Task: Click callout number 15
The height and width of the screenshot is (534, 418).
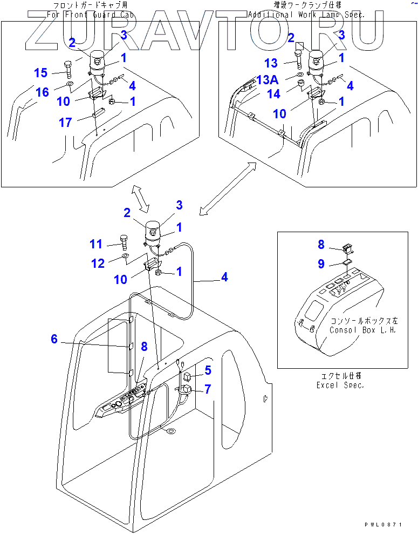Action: pos(41,73)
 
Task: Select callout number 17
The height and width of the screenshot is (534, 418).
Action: pos(65,123)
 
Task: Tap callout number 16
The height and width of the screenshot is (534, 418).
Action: pos(42,92)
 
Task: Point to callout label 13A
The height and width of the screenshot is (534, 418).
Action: pos(267,80)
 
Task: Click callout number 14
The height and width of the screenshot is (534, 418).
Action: pos(274,94)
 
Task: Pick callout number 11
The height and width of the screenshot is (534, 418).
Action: pos(96,244)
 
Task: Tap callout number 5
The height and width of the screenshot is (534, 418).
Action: pos(207,370)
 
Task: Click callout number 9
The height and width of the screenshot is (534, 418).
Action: pos(321,264)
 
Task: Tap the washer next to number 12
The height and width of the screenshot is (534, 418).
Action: pos(125,255)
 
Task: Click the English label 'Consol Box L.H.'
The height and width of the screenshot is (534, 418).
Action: pos(362,329)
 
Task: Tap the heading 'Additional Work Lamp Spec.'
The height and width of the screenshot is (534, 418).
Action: pos(306,15)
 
